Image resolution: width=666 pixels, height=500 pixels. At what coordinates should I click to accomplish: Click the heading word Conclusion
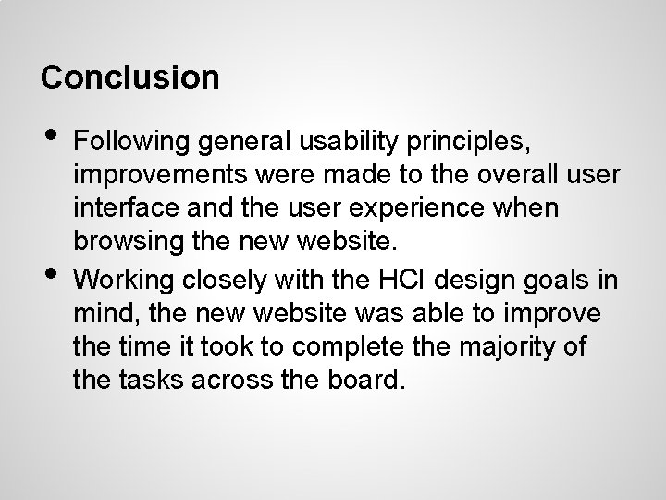130,77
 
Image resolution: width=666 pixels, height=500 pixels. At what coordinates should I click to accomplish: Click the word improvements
152,175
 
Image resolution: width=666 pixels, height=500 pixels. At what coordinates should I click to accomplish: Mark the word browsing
117,242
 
